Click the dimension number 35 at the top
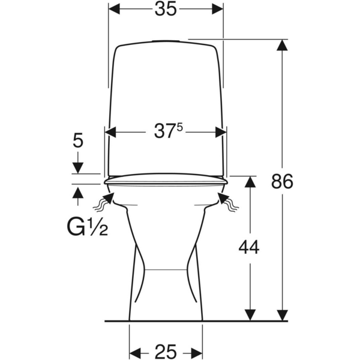tap(166, 10)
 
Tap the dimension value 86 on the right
tap(282, 181)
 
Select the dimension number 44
tap(249, 247)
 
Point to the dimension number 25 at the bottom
tap(166, 351)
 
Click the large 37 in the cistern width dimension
tap(163, 131)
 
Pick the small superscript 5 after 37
tap(179, 128)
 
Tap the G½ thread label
tap(87, 227)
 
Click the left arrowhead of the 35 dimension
tap(114, 9)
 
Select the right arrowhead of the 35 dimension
tap(217, 9)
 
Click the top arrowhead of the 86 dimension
tap(282, 45)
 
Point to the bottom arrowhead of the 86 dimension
tap(282, 315)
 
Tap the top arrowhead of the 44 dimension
tap(250, 182)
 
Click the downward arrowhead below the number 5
tap(78, 168)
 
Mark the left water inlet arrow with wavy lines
tap(104, 202)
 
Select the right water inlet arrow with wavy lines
tap(228, 202)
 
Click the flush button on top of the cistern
tap(166, 41)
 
